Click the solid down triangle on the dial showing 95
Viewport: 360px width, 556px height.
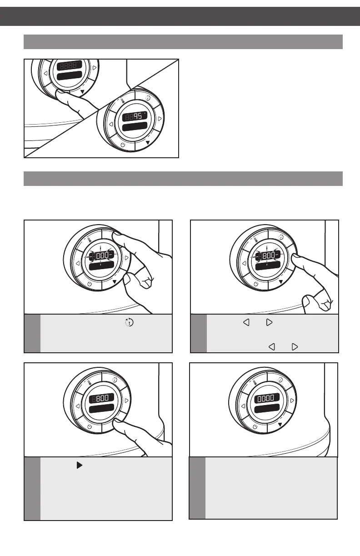[x=147, y=143]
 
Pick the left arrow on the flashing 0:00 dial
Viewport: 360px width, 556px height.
[x=78, y=263]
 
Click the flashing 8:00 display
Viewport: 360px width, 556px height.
[x=267, y=257]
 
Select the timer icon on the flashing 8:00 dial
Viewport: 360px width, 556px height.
[x=281, y=237]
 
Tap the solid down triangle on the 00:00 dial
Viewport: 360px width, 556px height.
[x=280, y=424]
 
